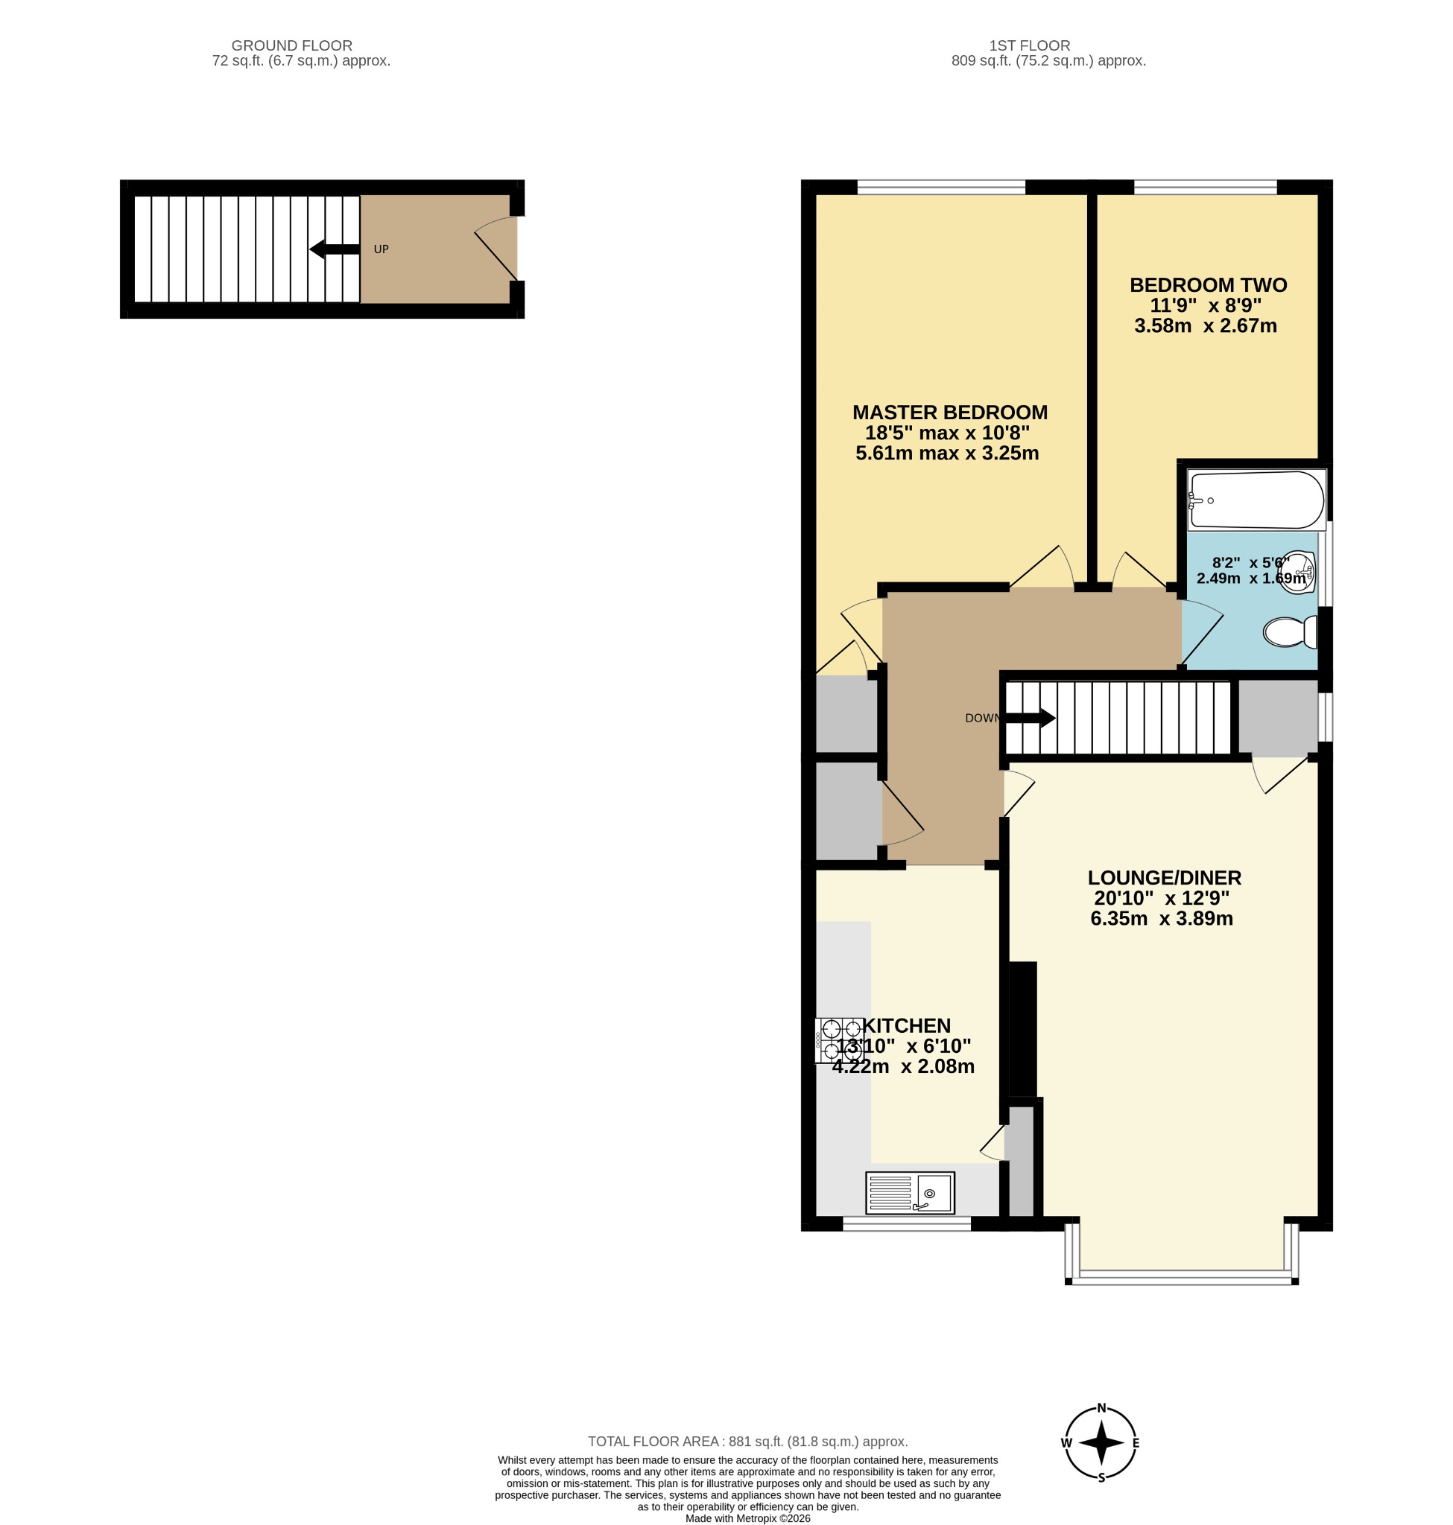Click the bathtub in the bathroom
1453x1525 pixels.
click(1257, 500)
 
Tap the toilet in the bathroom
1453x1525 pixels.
click(1290, 631)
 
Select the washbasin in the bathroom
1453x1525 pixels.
click(1297, 572)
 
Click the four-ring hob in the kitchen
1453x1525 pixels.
click(840, 1040)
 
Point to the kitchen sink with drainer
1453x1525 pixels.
click(910, 1192)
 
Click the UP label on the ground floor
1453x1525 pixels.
click(381, 249)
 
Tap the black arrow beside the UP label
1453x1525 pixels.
click(335, 249)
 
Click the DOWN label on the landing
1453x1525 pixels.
click(983, 719)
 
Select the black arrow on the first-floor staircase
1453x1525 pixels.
click(1029, 719)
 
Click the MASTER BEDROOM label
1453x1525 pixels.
click(949, 413)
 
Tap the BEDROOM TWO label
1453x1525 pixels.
click(1209, 285)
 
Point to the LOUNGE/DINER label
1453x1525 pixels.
click(1164, 878)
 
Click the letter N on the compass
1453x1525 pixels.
click(1101, 1409)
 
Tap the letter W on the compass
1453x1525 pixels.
click(1066, 1443)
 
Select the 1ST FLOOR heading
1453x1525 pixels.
click(1029, 45)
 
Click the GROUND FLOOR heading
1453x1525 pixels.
click(292, 45)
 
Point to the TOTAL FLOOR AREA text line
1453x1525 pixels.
click(747, 1442)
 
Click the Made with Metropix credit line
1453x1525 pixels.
click(747, 1518)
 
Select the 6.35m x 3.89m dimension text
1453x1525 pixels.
click(1162, 919)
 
